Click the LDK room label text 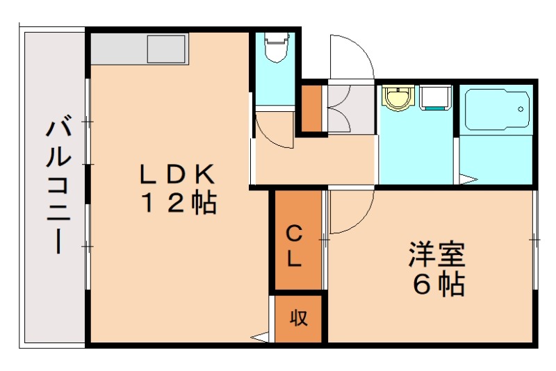tap(179, 173)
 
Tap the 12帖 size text tap(179, 203)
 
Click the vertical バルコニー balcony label tap(59, 187)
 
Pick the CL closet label tap(295, 246)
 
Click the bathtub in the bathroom tap(496, 110)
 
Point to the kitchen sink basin tap(166, 49)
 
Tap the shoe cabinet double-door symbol tap(341, 109)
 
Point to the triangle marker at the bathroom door tap(468, 181)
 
